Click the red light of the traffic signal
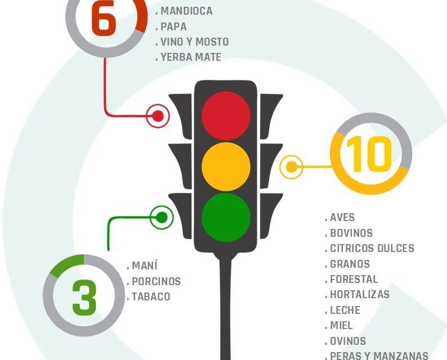[226, 116]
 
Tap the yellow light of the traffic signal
[226, 166]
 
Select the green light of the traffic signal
[226, 218]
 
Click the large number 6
[104, 19]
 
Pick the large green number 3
[84, 298]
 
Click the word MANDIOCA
[186, 11]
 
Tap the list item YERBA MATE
[191, 57]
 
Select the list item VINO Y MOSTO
[195, 42]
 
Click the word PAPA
[173, 26]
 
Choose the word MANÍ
[145, 265]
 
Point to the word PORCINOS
[156, 281]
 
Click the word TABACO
[151, 297]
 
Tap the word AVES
[342, 218]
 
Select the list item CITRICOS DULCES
[372, 249]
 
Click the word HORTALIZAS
[360, 295]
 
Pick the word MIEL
[341, 325]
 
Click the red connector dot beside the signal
[158, 116]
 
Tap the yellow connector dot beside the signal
[291, 167]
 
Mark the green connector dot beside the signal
[162, 218]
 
